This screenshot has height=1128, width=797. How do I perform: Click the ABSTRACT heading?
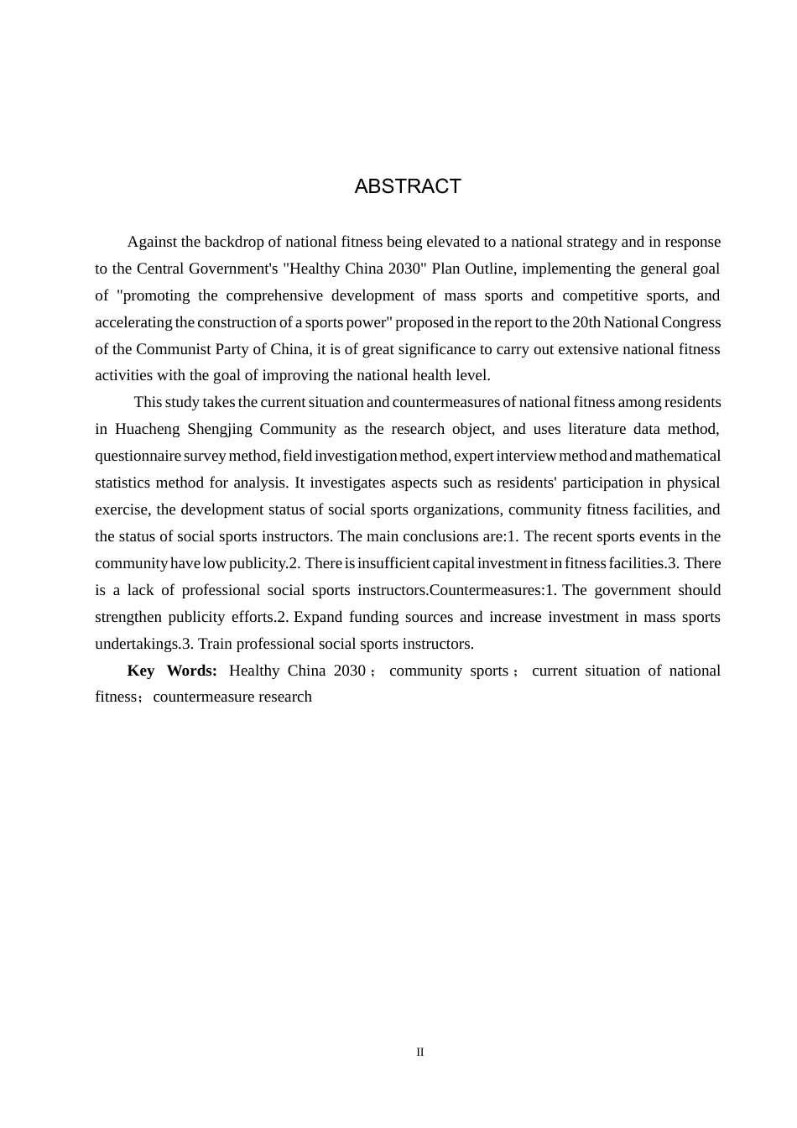(x=408, y=186)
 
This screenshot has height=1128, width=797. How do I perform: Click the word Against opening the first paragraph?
(x=151, y=242)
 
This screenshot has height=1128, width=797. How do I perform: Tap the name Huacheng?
(x=147, y=429)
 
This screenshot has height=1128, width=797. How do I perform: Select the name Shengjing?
(x=220, y=429)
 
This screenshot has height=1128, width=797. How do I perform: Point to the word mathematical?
(x=678, y=456)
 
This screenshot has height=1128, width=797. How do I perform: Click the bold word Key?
(x=141, y=671)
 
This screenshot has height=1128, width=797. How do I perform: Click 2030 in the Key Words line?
(x=349, y=671)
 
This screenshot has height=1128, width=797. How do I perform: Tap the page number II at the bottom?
(x=420, y=1052)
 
